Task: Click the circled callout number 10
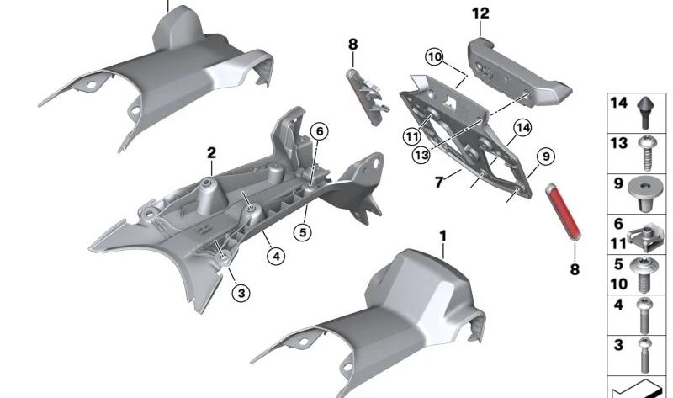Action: (434, 57)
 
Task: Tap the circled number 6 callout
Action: (320, 131)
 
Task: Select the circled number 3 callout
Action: (241, 293)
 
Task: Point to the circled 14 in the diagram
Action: (522, 128)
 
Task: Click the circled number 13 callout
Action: (421, 155)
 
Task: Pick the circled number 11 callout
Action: (412, 137)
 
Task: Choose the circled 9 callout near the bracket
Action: (546, 157)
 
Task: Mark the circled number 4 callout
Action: (276, 257)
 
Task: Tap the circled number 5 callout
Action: (303, 233)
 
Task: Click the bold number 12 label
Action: (480, 13)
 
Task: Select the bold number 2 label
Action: (211, 153)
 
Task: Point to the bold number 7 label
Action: (438, 183)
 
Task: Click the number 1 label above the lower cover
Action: (443, 236)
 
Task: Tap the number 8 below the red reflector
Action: (575, 269)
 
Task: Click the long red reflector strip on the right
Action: (563, 212)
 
